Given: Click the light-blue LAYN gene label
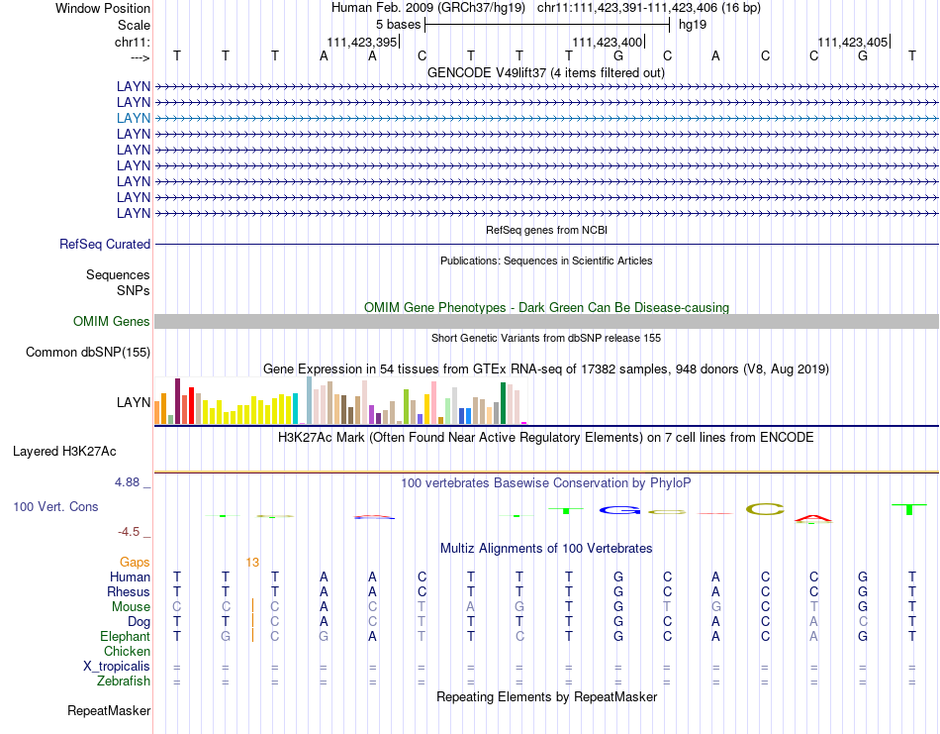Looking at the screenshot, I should (134, 118).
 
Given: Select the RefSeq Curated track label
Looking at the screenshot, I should (105, 244).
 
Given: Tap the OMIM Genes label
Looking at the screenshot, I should (112, 321).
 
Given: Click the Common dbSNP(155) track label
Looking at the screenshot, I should (88, 352).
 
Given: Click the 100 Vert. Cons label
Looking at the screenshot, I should (55, 506).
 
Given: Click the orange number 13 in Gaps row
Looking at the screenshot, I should (252, 562).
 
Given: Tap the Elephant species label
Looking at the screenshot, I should (125, 636).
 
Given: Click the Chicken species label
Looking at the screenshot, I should (128, 651).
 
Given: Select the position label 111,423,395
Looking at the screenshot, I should (362, 42).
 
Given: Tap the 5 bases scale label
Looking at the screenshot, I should (399, 24).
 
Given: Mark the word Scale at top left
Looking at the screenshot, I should (134, 24).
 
